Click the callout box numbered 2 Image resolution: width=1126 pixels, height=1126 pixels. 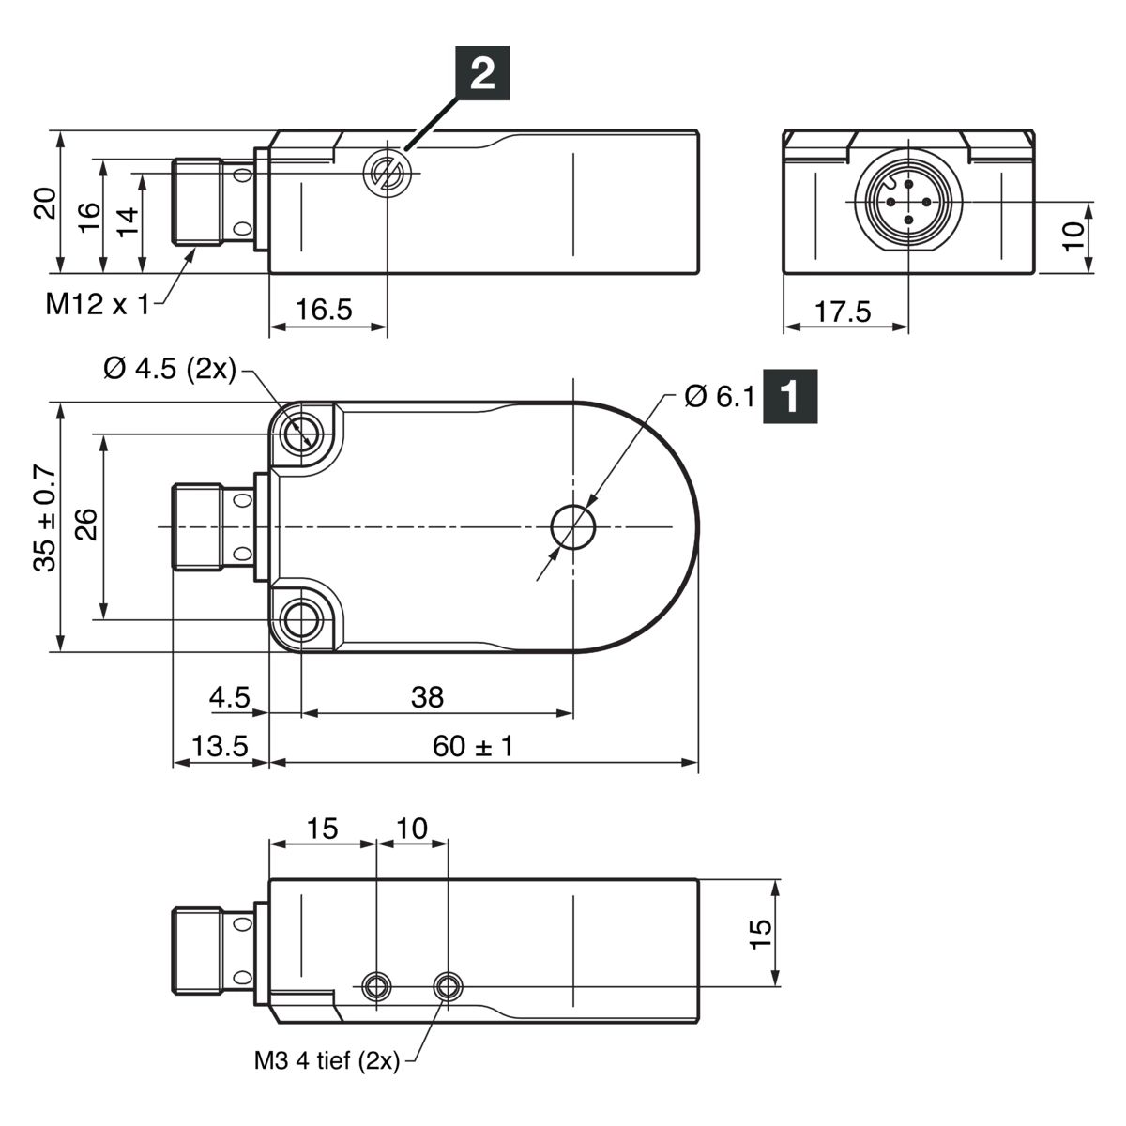click(482, 73)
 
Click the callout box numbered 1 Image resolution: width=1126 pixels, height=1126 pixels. click(790, 396)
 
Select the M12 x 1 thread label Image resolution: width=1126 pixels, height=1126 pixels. click(98, 304)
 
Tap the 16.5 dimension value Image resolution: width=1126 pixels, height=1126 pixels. click(325, 309)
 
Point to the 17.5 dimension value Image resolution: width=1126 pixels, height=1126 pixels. click(843, 312)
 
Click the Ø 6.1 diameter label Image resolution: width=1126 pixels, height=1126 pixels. click(720, 397)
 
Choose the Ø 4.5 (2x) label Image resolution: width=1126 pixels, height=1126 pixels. click(170, 370)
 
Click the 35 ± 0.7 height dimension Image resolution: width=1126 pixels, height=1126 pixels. click(45, 518)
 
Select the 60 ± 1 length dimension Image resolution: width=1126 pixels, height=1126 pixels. click(473, 746)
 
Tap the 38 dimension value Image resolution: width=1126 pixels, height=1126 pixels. click(427, 697)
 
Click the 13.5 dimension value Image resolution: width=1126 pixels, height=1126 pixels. click(220, 746)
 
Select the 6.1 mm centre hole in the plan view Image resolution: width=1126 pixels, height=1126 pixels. click(573, 527)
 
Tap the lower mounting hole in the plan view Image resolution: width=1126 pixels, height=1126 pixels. click(301, 620)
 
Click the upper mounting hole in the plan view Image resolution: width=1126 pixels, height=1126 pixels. click(301, 434)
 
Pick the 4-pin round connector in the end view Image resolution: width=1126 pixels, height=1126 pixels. click(908, 202)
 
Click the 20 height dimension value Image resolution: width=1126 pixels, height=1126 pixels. click(45, 203)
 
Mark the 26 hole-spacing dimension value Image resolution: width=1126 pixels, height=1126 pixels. click(86, 525)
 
